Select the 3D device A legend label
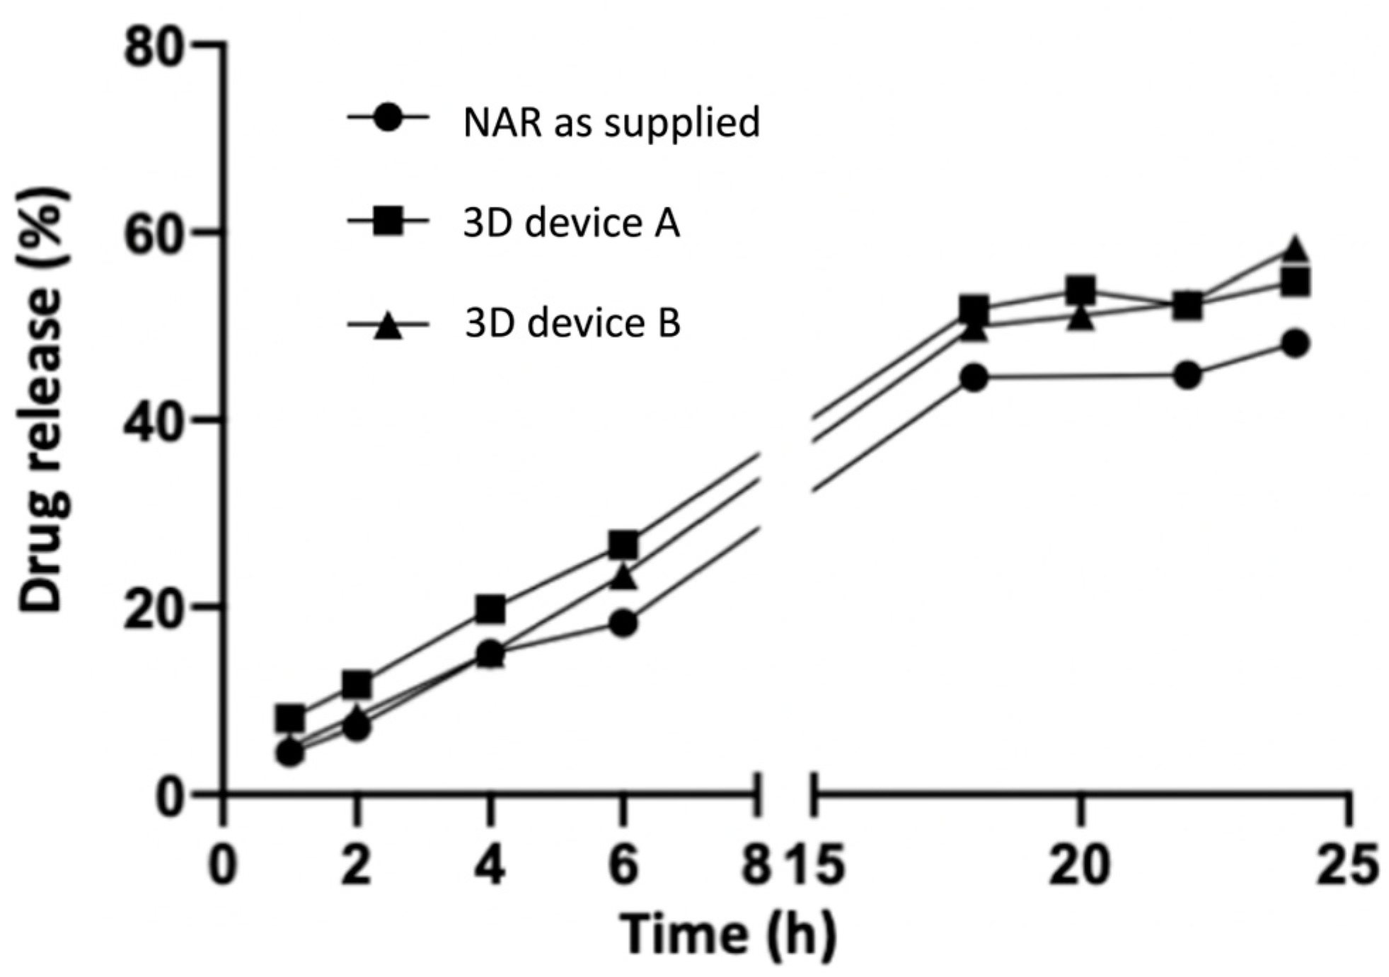[x=571, y=224]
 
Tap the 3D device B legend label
[x=572, y=324]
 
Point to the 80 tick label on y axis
[x=155, y=48]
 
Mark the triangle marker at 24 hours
[x=1294, y=249]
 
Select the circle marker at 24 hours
[x=1294, y=344]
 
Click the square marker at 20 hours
[x=1080, y=290]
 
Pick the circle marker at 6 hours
[x=623, y=623]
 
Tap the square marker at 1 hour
[x=290, y=719]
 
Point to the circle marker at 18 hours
[x=974, y=378]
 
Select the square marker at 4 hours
[x=490, y=609]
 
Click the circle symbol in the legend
[x=388, y=118]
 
